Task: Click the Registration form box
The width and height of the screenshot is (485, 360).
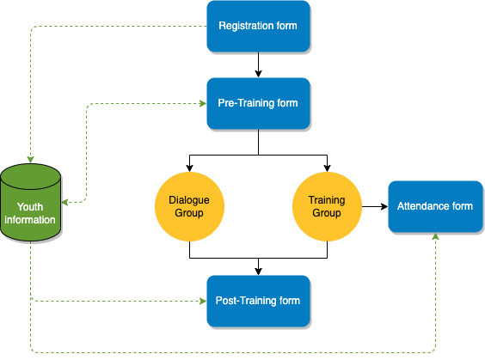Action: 258,27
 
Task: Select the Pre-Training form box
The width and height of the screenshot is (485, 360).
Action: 258,103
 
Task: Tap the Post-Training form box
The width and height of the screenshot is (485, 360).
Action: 258,301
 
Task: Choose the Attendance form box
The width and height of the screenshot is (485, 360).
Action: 435,206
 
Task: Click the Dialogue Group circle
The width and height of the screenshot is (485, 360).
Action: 189,206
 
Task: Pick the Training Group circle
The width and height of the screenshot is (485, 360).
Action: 327,206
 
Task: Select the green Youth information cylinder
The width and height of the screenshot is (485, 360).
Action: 30,203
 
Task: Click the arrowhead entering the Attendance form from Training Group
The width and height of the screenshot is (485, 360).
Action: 384,206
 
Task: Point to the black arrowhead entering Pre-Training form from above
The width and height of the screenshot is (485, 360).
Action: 258,74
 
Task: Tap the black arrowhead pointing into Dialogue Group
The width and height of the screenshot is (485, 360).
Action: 189,168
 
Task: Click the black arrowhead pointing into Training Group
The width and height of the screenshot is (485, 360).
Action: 327,168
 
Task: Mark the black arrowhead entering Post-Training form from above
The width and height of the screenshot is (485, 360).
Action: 258,272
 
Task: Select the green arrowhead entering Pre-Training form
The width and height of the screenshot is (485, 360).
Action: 203,103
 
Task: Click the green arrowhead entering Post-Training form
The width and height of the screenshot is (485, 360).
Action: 203,301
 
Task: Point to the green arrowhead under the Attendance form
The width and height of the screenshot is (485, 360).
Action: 435,236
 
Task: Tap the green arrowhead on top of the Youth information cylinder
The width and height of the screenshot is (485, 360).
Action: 30,160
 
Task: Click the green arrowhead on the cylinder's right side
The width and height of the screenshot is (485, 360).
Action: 64,203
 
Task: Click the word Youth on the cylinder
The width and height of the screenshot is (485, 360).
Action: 30,207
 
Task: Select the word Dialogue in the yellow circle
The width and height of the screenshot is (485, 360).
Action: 189,200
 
